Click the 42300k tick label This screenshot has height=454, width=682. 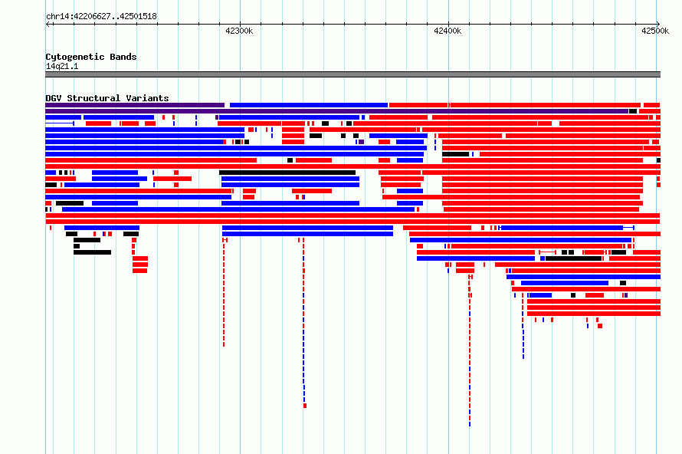tap(239, 31)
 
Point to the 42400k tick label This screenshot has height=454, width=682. tap(448, 31)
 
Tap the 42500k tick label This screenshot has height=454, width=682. tap(655, 31)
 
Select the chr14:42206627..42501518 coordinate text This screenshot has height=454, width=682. tap(101, 16)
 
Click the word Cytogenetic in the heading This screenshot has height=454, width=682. tap(75, 57)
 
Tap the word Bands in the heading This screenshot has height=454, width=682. tap(123, 57)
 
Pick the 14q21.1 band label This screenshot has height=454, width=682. tap(62, 66)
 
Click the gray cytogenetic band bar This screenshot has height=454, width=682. tap(352, 74)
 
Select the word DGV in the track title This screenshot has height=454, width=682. tap(54, 98)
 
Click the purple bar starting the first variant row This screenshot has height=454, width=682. tap(135, 105)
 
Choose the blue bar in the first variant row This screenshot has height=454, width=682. tap(309, 105)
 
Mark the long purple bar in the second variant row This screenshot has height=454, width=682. tap(336, 111)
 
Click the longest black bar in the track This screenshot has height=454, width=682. tap(287, 173)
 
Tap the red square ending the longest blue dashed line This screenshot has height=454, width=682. tap(305, 406)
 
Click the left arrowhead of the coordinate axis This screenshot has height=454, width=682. tap(48, 25)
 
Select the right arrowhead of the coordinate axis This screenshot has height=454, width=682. tap(658, 25)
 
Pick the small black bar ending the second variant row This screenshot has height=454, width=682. tap(633, 111)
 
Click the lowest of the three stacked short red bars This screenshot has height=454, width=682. tap(139, 271)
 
